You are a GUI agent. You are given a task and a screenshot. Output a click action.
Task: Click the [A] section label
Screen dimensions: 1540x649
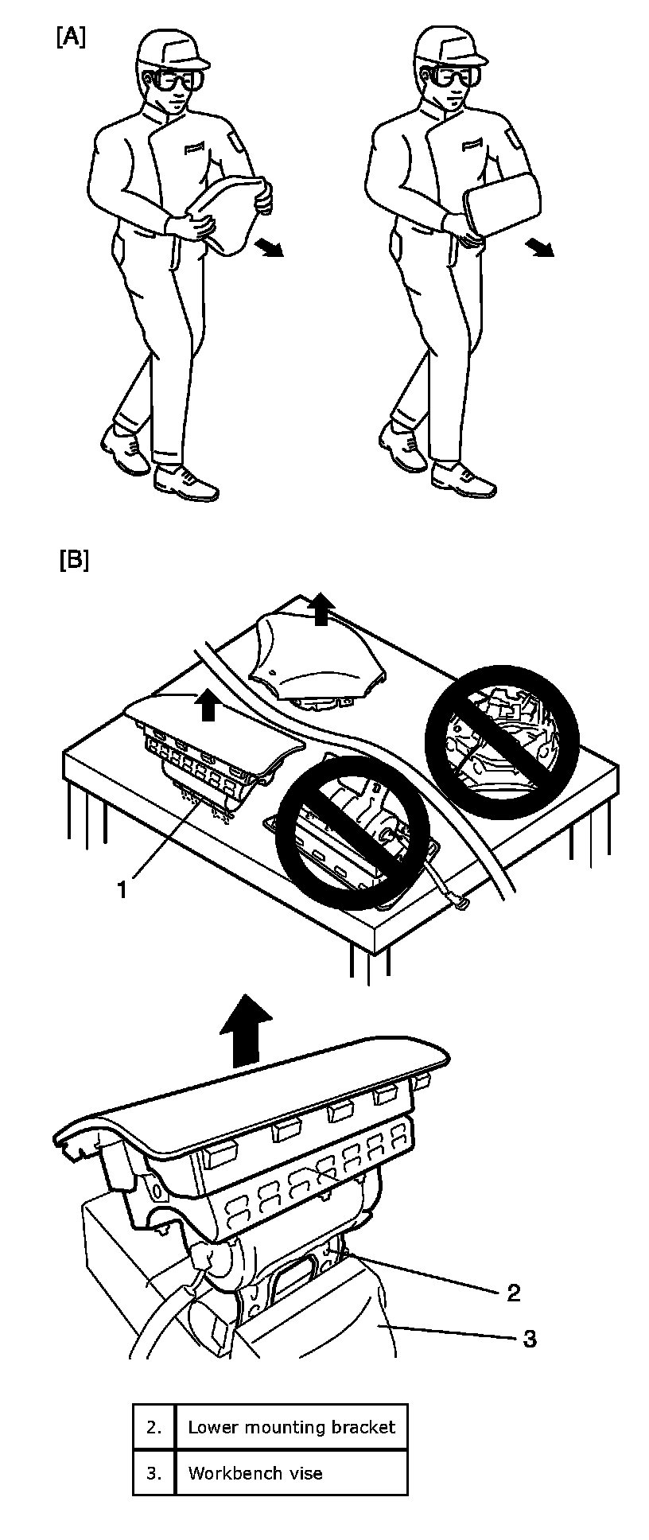(71, 37)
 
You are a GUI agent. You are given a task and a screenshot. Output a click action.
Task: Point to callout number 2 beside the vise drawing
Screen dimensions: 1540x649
(513, 1293)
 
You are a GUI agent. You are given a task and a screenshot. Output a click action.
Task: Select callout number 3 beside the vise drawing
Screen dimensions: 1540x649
(529, 1339)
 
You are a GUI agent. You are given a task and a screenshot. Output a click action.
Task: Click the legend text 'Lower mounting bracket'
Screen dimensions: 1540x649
(291, 1427)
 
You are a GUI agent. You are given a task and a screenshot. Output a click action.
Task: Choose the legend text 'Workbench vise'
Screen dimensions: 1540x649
(255, 1473)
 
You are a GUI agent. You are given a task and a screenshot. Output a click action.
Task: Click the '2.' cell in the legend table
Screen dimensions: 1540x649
(154, 1427)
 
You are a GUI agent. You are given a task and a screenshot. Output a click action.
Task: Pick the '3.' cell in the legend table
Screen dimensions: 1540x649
(154, 1473)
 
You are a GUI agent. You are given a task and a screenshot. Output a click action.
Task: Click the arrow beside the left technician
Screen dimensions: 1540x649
(270, 248)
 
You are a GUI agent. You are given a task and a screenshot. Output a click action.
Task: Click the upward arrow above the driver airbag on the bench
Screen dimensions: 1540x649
(321, 609)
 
